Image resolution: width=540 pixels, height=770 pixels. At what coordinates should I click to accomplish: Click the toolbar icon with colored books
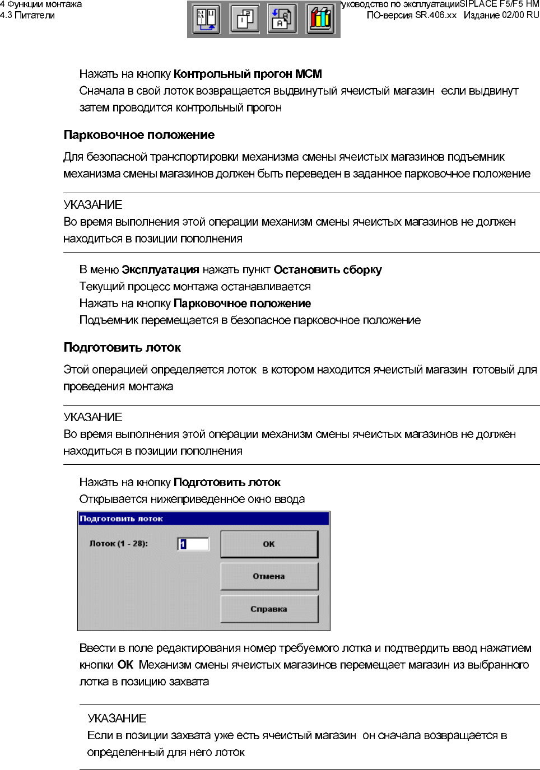(320, 19)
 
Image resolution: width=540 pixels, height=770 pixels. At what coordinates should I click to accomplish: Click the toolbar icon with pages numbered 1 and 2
(244, 19)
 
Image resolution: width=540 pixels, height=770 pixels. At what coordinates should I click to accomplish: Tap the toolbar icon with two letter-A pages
(282, 19)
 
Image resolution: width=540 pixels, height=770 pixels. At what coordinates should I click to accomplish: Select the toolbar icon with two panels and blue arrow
(206, 19)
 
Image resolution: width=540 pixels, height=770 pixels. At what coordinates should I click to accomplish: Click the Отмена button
(269, 576)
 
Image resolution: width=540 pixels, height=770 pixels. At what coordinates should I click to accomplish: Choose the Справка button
(269, 609)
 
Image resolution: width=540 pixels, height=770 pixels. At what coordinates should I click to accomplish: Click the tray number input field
(193, 544)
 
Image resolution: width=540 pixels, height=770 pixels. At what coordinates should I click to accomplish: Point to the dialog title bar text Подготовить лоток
(121, 519)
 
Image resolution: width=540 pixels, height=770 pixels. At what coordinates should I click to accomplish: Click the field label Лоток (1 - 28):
(119, 543)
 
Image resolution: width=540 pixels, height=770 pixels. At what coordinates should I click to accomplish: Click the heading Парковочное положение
(139, 135)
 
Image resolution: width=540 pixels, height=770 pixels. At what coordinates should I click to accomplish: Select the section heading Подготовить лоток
(122, 348)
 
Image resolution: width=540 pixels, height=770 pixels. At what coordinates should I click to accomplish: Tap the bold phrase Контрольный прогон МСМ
(248, 74)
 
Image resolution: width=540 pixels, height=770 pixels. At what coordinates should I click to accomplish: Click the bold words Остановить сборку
(328, 270)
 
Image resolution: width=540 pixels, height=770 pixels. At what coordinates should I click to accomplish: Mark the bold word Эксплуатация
(160, 270)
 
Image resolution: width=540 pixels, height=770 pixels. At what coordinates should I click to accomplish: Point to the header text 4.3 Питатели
(27, 15)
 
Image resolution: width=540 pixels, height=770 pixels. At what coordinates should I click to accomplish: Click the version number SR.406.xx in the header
(436, 15)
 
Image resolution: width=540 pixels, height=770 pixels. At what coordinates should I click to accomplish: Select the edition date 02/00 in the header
(514, 15)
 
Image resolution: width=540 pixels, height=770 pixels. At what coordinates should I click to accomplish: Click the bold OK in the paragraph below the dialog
(125, 665)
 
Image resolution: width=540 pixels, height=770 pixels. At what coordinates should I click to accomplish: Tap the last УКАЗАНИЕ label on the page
(117, 718)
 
